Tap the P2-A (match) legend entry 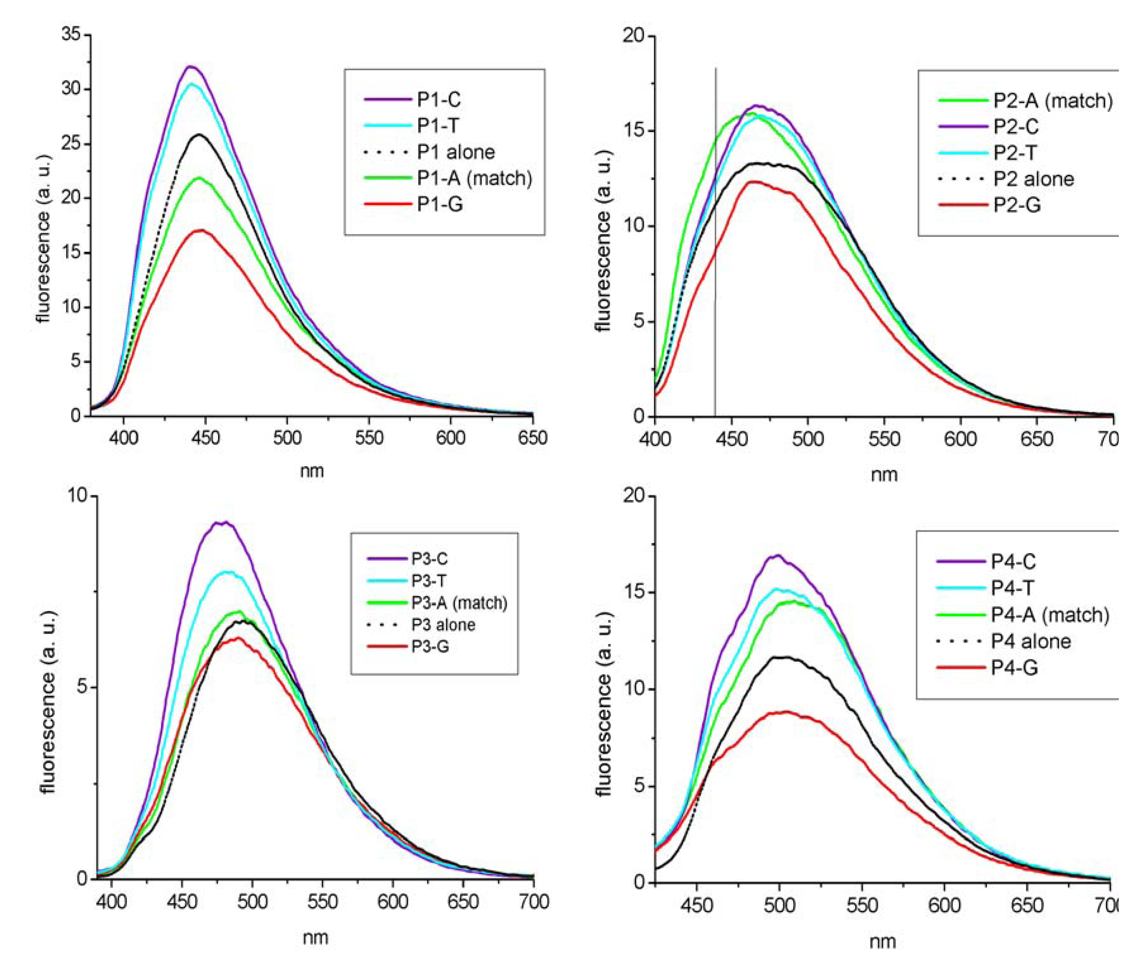point(1052,101)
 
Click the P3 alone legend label point(443,625)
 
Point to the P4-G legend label point(1014,668)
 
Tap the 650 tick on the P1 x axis point(532,437)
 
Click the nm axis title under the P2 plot point(884,475)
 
